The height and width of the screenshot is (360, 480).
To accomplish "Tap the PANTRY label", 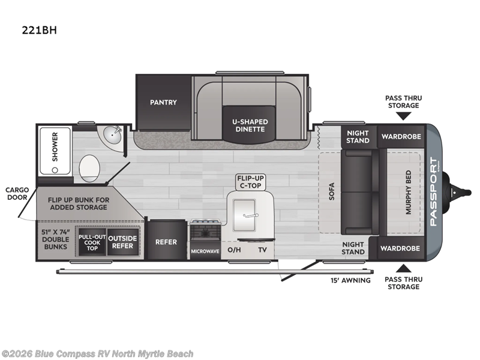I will (x=163, y=102).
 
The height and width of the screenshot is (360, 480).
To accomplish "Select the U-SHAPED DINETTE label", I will (x=250, y=126).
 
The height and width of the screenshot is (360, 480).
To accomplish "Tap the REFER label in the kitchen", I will (x=166, y=242).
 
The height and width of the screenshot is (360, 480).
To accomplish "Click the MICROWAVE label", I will (x=205, y=251).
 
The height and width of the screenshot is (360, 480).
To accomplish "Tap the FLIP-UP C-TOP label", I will (x=251, y=182).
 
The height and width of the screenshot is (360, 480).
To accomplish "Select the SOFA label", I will (x=331, y=192).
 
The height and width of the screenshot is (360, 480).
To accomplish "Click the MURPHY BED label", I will (x=409, y=192).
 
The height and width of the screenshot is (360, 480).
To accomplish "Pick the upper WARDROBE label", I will (x=401, y=136).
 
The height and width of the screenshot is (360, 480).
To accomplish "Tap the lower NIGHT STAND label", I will (x=353, y=248).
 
